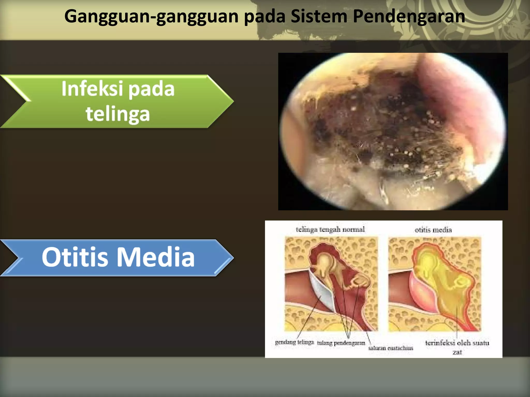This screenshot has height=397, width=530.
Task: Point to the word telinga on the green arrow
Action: (x=118, y=114)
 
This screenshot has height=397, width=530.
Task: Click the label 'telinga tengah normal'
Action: (x=330, y=229)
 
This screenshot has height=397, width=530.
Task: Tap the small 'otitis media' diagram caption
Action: (x=433, y=230)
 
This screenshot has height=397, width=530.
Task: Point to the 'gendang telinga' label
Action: (x=294, y=342)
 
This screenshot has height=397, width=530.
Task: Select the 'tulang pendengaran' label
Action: (x=341, y=343)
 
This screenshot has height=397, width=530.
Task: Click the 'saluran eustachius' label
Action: (x=391, y=348)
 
